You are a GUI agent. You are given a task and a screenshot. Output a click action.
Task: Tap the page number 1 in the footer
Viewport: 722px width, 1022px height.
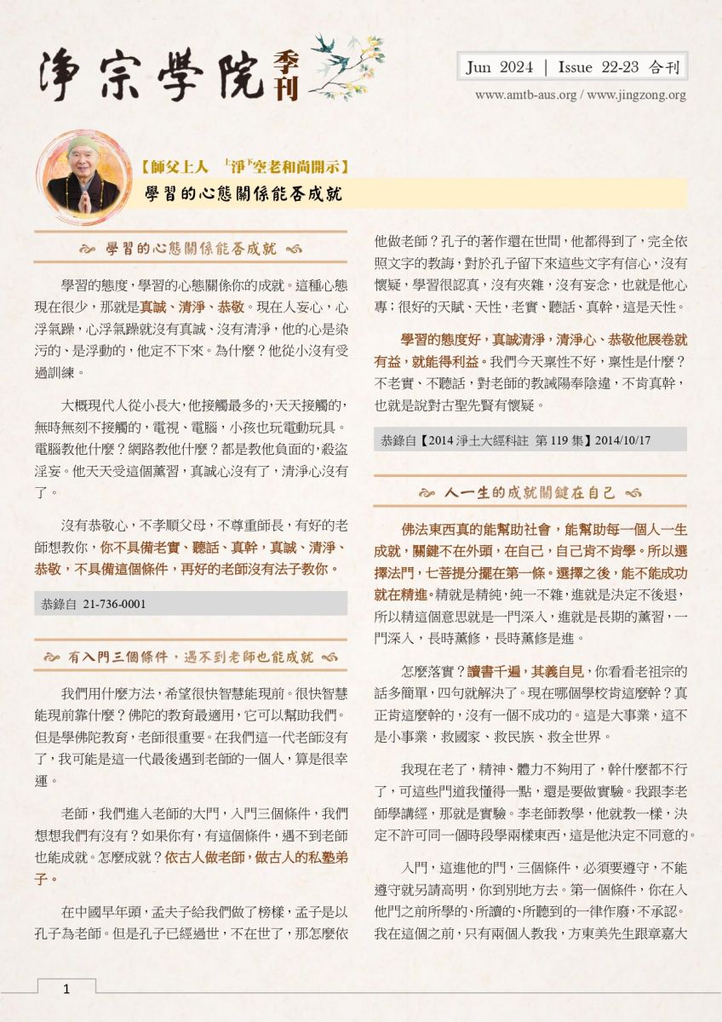(x=66, y=989)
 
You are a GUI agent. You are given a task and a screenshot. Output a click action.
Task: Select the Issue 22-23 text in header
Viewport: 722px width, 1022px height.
(x=604, y=67)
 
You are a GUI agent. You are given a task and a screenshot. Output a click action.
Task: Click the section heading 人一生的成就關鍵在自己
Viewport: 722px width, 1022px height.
(x=529, y=492)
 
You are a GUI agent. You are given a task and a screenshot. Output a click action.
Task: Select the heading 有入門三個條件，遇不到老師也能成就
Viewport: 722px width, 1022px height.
(x=191, y=657)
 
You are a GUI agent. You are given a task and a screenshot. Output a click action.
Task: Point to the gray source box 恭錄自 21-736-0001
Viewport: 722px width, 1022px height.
(x=191, y=604)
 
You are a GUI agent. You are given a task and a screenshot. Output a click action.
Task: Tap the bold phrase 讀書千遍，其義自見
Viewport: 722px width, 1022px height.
(x=481, y=671)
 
